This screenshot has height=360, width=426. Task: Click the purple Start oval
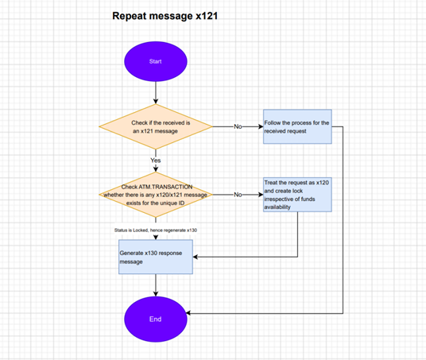pyautogui.click(x=156, y=61)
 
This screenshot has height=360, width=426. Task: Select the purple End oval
pyautogui.click(x=156, y=319)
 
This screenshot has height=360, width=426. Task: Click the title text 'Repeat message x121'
pyautogui.click(x=165, y=16)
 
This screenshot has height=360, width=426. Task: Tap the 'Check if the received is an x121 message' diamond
pyautogui.click(x=156, y=126)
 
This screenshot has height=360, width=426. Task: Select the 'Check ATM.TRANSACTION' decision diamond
pyautogui.click(x=156, y=195)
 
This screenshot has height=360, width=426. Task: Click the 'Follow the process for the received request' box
pyautogui.click(x=297, y=126)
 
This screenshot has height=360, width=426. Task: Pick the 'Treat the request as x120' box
pyautogui.click(x=297, y=195)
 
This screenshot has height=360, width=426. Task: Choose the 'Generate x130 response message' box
pyautogui.click(x=156, y=257)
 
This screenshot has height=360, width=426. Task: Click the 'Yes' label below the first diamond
pyautogui.click(x=156, y=161)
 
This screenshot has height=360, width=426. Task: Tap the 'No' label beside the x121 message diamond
pyautogui.click(x=238, y=126)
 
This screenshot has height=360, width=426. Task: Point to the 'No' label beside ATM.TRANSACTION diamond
pyautogui.click(x=238, y=195)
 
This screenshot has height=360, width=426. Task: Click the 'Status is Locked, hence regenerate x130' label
pyautogui.click(x=156, y=230)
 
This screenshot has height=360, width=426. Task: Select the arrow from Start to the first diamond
pyautogui.click(x=156, y=93)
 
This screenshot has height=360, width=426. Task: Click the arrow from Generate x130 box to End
pyautogui.click(x=156, y=285)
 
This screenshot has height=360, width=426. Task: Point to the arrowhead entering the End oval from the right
pyautogui.click(x=188, y=313)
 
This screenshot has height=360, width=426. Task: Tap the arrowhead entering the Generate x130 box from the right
pyautogui.click(x=196, y=257)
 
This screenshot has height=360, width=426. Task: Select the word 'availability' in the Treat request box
pyautogui.click(x=277, y=207)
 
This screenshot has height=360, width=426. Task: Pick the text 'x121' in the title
pyautogui.click(x=207, y=16)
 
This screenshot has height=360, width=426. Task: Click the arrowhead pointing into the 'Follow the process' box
pyautogui.click(x=261, y=126)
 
